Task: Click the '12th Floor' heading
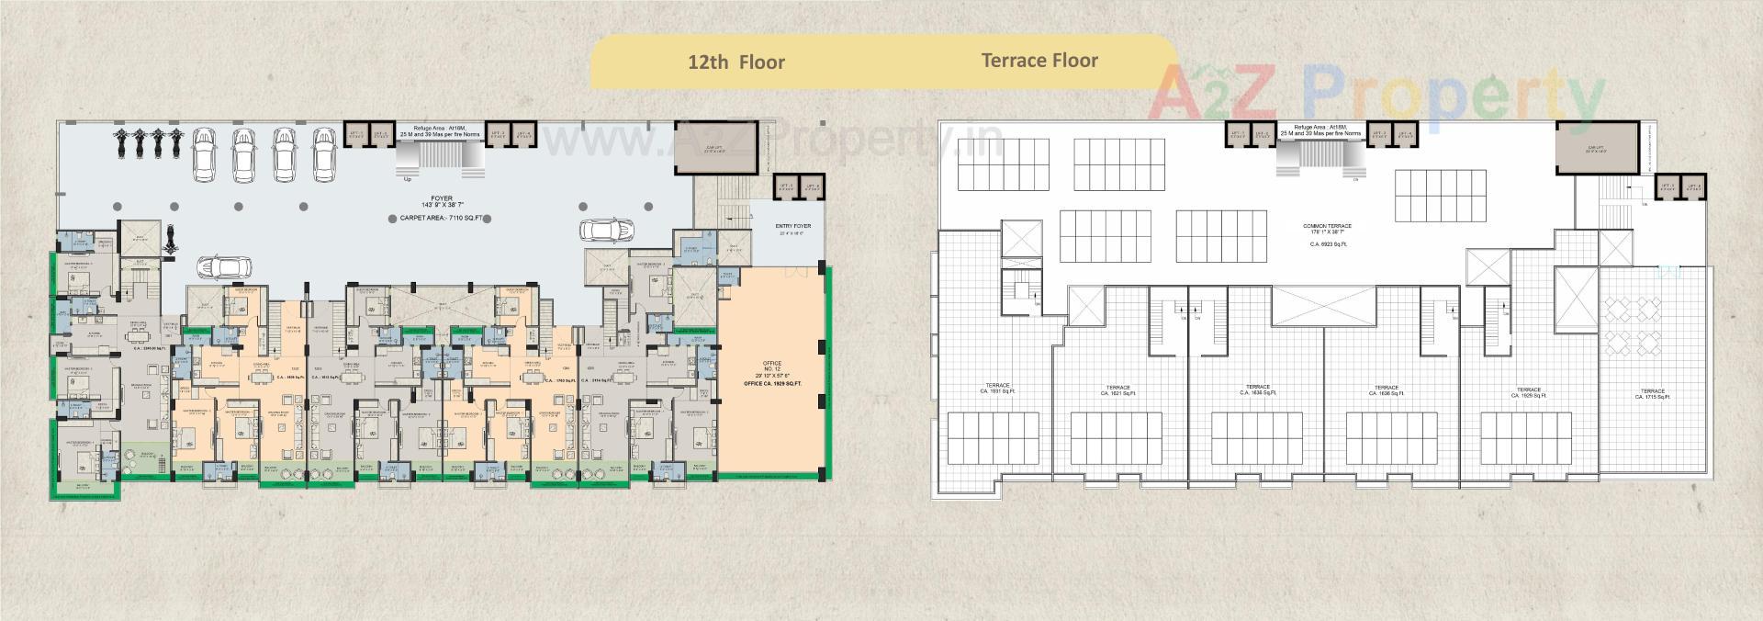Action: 736,62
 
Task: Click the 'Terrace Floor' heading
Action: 1039,61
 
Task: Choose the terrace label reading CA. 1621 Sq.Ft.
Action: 1117,390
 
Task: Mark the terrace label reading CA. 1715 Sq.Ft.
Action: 1653,394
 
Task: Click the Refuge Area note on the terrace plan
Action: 1319,130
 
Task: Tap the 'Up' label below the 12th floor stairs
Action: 409,179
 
